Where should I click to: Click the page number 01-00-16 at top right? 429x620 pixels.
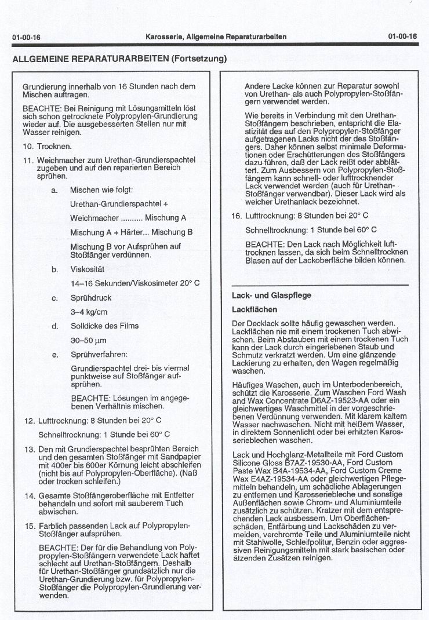pyautogui.click(x=403, y=37)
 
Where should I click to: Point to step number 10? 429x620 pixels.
pyautogui.click(x=29, y=146)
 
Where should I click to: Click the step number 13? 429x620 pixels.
pyautogui.click(x=30, y=448)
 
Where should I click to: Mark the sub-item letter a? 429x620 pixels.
pyautogui.click(x=54, y=189)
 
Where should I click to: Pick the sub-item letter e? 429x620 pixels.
pyautogui.click(x=54, y=354)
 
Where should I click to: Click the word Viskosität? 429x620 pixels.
pyautogui.click(x=87, y=269)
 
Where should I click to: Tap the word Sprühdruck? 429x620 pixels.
pyautogui.click(x=90, y=298)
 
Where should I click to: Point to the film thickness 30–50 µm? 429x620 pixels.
pyautogui.click(x=89, y=340)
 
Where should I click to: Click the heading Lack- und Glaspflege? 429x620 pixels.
pyautogui.click(x=271, y=295)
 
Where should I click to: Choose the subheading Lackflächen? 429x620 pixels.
pyautogui.click(x=254, y=309)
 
